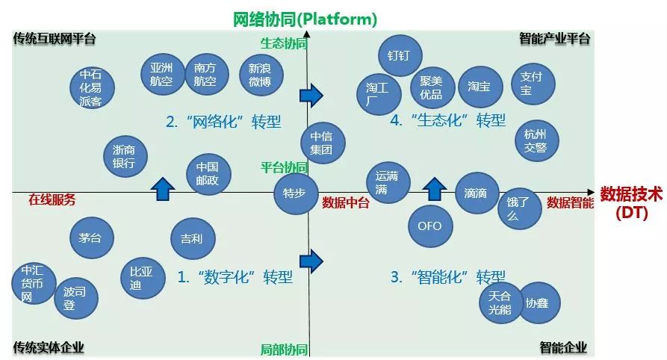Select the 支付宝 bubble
[532, 83]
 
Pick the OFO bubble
[429, 226]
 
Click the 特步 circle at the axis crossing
[296, 194]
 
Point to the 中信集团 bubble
[322, 143]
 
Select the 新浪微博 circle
[260, 75]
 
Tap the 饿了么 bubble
[519, 208]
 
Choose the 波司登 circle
[75, 297]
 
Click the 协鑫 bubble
[538, 303]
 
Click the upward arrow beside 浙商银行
[162, 188]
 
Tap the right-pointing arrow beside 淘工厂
[311, 95]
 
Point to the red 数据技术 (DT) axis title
[631, 202]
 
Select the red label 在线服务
[52, 200]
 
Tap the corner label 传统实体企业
[49, 347]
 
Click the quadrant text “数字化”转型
[235, 277]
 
